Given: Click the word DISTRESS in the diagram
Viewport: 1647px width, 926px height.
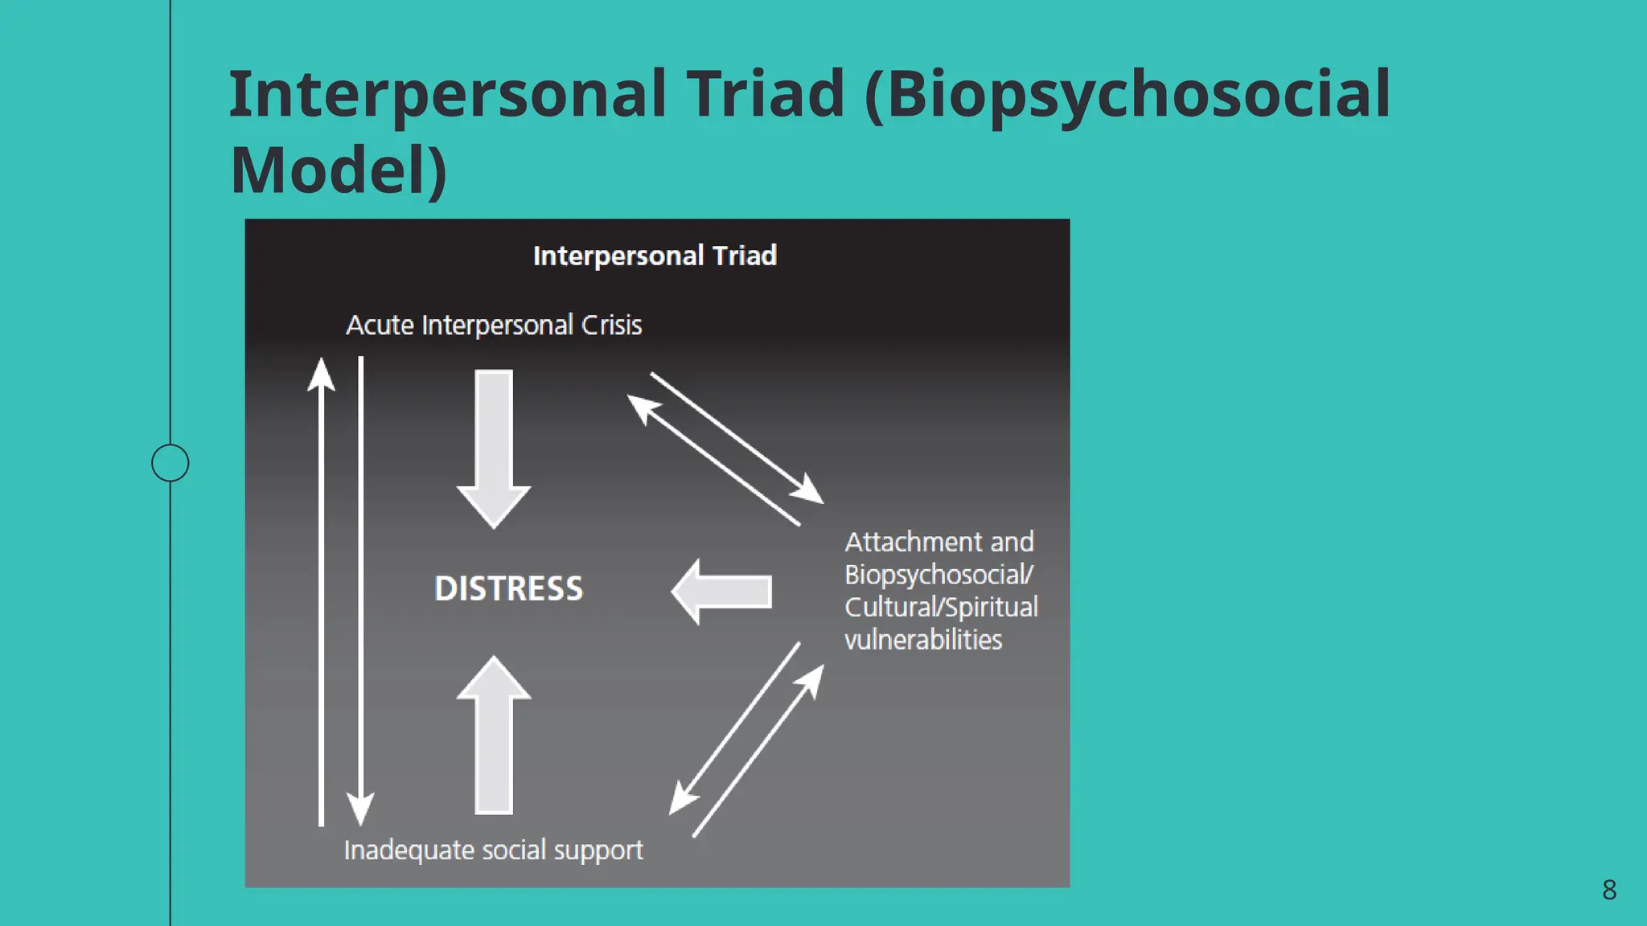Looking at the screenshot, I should click(508, 588).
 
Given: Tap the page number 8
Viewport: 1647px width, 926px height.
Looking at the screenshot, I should click(1608, 890).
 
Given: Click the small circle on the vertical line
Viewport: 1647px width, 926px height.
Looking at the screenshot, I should click(170, 463).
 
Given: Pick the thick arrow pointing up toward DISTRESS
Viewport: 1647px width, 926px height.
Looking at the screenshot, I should click(494, 735).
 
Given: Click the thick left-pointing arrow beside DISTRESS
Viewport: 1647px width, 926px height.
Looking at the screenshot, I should click(721, 592).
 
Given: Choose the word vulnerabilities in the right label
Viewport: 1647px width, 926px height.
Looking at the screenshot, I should click(923, 640).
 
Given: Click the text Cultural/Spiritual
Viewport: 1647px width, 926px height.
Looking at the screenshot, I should click(941, 607).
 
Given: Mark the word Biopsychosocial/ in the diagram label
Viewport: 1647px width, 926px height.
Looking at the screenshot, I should click(939, 575).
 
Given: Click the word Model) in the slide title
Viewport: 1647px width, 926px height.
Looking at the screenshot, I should click(338, 170).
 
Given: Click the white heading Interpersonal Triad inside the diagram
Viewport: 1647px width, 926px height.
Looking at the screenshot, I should click(655, 256).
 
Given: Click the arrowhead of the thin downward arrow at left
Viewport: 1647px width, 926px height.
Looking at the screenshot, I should click(360, 808).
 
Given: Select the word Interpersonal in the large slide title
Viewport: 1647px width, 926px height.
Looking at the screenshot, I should click(447, 93).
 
